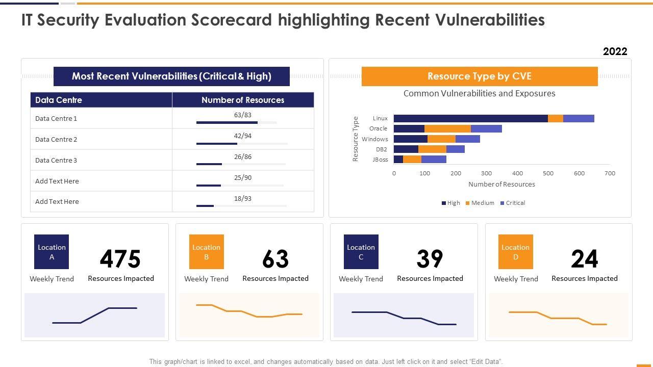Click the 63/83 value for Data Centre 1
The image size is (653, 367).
coord(243,115)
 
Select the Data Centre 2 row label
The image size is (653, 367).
coord(56,139)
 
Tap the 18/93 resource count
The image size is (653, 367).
coord(243,199)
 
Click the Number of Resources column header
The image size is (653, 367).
coord(243,100)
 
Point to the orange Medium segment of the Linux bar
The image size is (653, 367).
coord(555,118)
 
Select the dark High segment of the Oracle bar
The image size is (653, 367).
coord(409,128)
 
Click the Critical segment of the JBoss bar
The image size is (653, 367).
coord(434,160)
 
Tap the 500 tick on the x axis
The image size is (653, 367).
coord(548,173)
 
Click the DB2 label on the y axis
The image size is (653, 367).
coord(382,149)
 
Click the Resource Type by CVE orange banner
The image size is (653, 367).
coord(480,76)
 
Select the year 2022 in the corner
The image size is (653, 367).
coord(615,51)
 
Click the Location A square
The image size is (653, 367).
coord(52,252)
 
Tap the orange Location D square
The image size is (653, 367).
coord(515,252)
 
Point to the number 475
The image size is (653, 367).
coord(120,259)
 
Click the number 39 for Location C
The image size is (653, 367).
coord(430,259)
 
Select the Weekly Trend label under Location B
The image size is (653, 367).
coord(206,279)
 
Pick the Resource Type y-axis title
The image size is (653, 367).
coord(356,139)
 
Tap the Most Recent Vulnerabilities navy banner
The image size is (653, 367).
coord(171,76)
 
